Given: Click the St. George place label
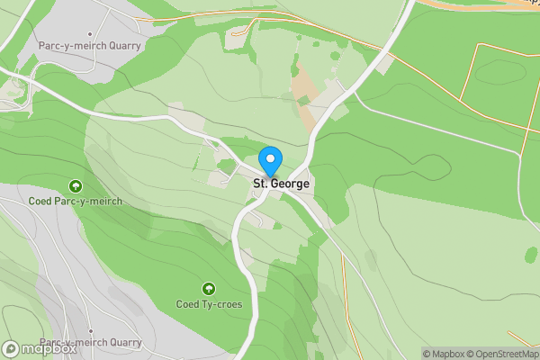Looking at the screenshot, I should click(281, 184).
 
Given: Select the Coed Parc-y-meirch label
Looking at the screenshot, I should click(75, 201).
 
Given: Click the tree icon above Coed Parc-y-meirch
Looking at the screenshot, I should click(75, 186).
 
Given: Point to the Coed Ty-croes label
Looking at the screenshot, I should click(209, 303).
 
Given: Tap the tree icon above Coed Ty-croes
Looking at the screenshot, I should click(209, 289).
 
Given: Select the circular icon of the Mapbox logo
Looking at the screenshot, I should click(12, 347).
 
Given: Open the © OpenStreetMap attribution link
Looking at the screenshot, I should click(502, 354).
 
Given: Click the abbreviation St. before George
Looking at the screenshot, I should click(259, 184).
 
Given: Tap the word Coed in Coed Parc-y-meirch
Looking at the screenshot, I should click(40, 201).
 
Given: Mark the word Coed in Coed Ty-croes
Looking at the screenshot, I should click(187, 303).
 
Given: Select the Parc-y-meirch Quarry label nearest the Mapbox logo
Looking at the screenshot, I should click(90, 343).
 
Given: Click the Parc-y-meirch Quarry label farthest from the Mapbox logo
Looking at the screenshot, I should click(89, 44).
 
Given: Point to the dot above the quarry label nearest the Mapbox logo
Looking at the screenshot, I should click(91, 331).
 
